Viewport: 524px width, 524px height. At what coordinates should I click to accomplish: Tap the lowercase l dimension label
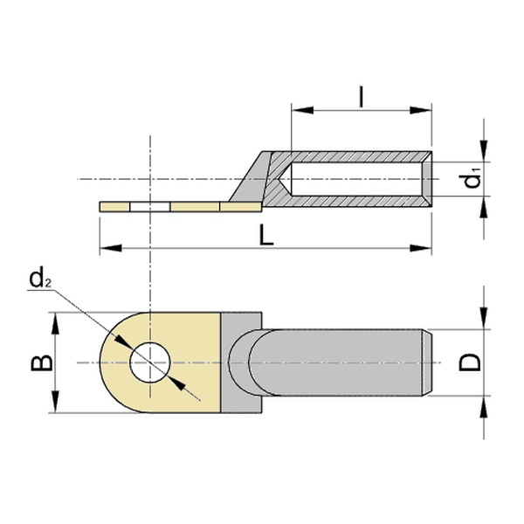[361, 96]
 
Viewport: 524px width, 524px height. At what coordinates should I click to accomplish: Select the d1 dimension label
[473, 180]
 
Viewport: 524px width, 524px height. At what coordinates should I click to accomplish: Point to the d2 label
[38, 279]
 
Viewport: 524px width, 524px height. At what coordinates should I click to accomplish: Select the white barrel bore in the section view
[358, 180]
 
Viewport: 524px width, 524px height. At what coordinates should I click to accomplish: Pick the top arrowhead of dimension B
[58, 320]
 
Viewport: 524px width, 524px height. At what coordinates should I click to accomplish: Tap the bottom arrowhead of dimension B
[58, 405]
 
